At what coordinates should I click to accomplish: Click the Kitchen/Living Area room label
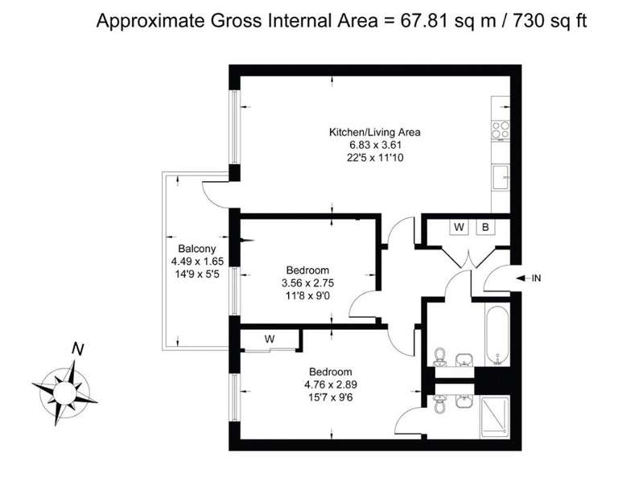click(375, 132)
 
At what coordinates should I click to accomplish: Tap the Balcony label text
click(197, 249)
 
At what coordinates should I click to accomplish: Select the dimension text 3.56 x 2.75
click(307, 283)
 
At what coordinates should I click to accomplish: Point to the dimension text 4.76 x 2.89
click(331, 385)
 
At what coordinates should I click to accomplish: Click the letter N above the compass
click(77, 349)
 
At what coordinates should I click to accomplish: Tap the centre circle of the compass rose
click(65, 394)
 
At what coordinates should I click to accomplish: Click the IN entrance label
click(536, 278)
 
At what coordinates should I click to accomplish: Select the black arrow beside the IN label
click(521, 278)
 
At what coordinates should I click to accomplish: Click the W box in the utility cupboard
click(459, 227)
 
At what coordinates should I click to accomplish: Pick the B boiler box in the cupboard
click(485, 227)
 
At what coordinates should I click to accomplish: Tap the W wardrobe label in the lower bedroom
click(270, 339)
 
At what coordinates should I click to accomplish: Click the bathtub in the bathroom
click(497, 335)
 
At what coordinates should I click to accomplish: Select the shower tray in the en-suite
click(495, 417)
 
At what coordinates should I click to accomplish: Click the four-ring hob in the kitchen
click(501, 130)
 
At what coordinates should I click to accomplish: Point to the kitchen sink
click(501, 177)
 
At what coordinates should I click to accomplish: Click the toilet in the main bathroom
click(440, 356)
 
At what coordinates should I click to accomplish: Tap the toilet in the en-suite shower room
click(440, 405)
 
